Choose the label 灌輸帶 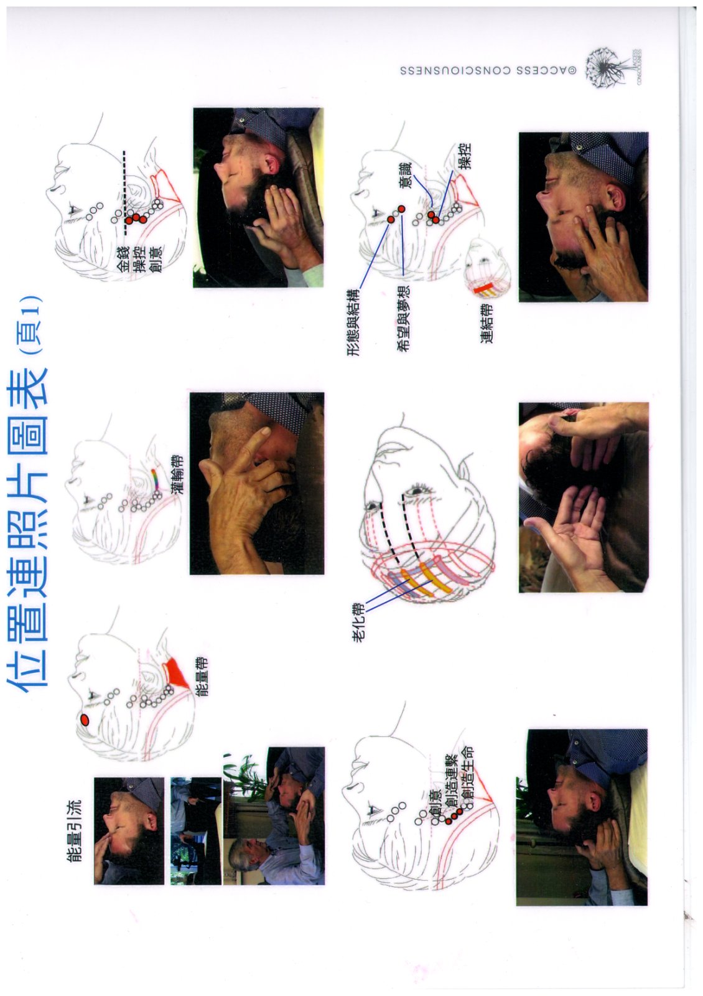[x=174, y=472]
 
